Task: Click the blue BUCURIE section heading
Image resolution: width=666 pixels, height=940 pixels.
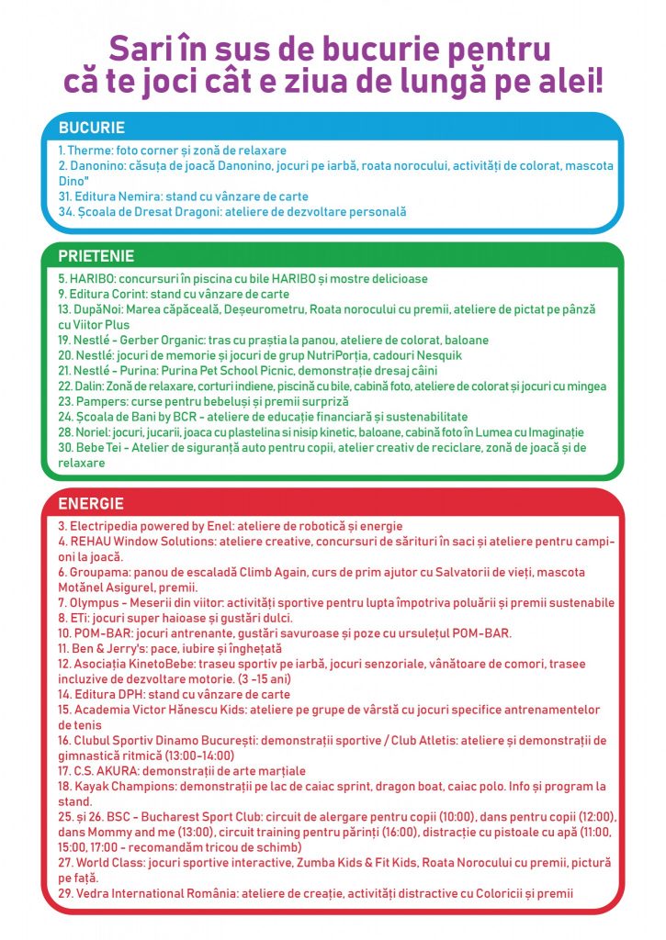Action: [x=91, y=128]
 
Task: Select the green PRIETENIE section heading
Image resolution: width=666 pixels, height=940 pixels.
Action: [x=96, y=256]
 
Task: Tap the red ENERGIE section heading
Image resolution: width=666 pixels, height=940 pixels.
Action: [x=91, y=504]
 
